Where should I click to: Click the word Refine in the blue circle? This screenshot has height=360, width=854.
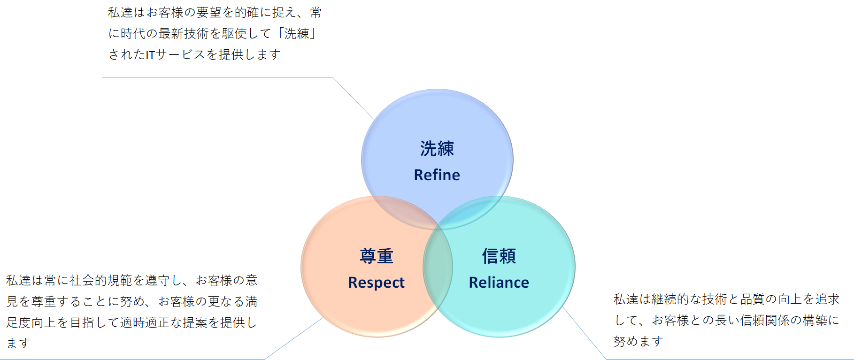point(437,175)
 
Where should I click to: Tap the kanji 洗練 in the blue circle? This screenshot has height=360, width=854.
point(437,149)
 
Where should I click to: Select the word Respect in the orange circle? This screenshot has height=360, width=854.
point(376,283)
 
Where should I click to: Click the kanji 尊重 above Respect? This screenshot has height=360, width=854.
point(376,256)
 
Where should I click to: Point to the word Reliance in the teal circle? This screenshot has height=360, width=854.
point(499,283)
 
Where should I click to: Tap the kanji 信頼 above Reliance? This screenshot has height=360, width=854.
point(499,256)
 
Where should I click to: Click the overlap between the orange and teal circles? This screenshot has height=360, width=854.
point(438,268)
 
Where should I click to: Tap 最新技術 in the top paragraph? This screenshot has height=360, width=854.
point(184,34)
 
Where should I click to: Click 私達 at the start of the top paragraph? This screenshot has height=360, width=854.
point(120,13)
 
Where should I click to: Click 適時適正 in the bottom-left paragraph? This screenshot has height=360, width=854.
point(145,323)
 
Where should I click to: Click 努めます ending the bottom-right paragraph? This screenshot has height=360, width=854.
point(639,342)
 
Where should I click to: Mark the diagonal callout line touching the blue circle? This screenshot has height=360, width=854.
point(354,99)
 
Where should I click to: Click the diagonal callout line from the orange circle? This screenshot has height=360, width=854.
point(294,338)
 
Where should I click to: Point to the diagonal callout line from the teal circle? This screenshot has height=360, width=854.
point(585,333)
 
